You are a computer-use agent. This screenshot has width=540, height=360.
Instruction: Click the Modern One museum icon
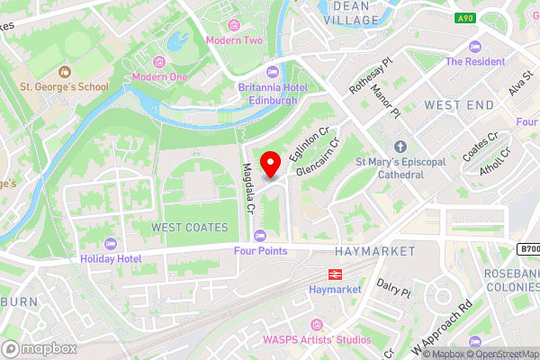click(x=159, y=61)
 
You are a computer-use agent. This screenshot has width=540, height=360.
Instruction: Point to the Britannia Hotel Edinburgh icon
click(x=273, y=73)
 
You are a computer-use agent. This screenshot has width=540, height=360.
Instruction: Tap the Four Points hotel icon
click(x=261, y=235)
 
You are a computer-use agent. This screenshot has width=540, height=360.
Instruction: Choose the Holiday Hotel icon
click(x=111, y=243)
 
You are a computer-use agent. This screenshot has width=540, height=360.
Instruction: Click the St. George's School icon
click(x=64, y=72)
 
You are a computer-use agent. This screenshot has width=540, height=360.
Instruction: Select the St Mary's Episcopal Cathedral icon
click(x=400, y=147)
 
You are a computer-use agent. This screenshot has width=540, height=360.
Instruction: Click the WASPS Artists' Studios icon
click(x=316, y=324)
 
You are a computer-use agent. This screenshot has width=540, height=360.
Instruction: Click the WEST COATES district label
click(x=190, y=228)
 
